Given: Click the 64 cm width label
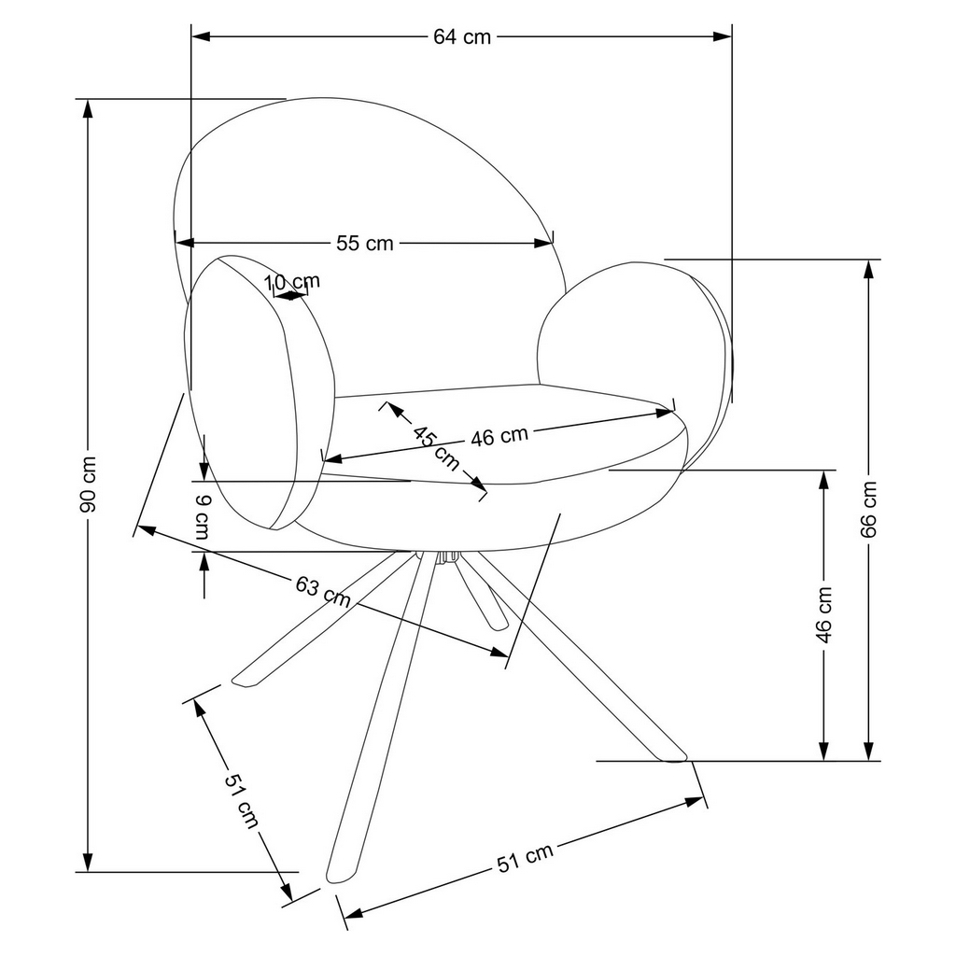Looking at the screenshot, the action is tap(461, 37).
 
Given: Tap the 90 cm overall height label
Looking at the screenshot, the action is tap(88, 485).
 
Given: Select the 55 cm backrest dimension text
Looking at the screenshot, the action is tap(364, 244).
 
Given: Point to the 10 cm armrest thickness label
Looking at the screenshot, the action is tap(291, 281).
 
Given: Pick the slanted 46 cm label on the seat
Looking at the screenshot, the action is tap(499, 436).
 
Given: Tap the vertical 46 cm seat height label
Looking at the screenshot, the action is tap(823, 616).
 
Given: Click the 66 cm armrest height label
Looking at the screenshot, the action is tap(869, 510).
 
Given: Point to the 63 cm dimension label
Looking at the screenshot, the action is tap(323, 593).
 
